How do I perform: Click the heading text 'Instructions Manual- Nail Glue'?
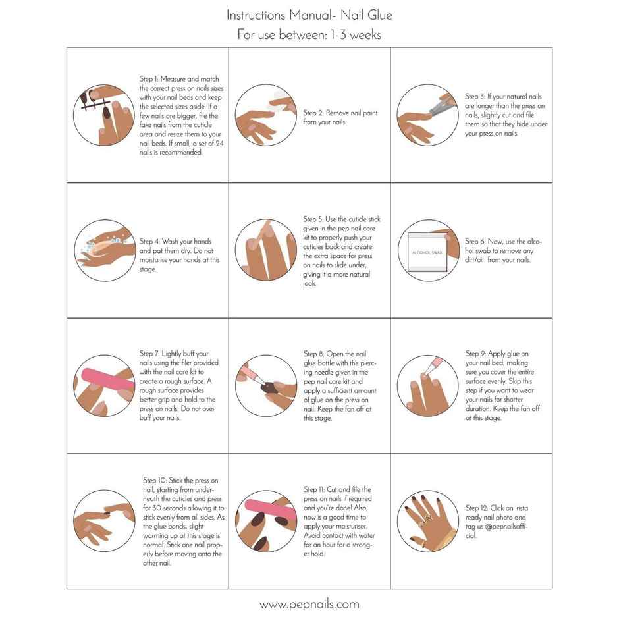click(309, 14)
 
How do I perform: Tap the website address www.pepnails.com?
click(309, 604)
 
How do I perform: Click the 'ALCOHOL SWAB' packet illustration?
click(427, 253)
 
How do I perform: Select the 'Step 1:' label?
click(150, 78)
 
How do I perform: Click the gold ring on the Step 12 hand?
click(427, 518)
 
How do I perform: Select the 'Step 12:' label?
click(478, 508)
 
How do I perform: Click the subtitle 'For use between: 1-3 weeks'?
click(309, 35)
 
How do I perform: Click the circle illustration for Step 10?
click(103, 520)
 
